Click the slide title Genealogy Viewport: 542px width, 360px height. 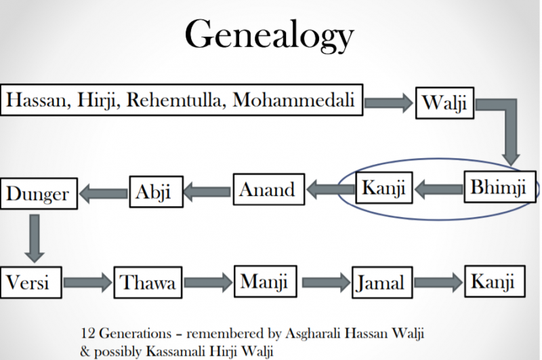(x=270, y=36)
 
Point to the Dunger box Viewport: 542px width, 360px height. (x=39, y=195)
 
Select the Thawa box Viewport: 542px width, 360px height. (x=148, y=281)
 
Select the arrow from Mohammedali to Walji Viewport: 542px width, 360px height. (x=388, y=104)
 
